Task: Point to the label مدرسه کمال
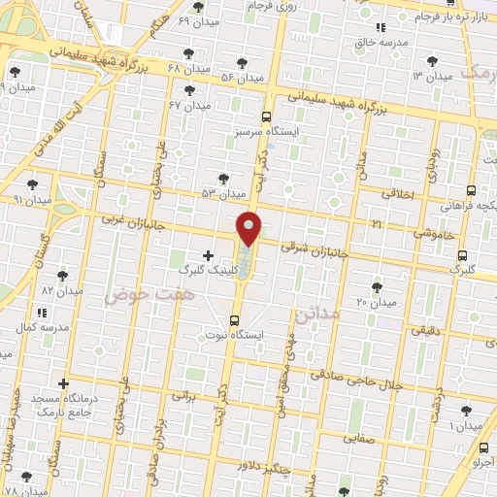tap(42, 328)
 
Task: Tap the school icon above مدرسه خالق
tap(381, 28)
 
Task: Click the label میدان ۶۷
tap(189, 105)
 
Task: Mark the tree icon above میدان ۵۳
tap(224, 179)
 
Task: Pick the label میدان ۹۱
tap(31, 199)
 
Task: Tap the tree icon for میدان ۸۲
tap(62, 276)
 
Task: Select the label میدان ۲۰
tap(378, 303)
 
